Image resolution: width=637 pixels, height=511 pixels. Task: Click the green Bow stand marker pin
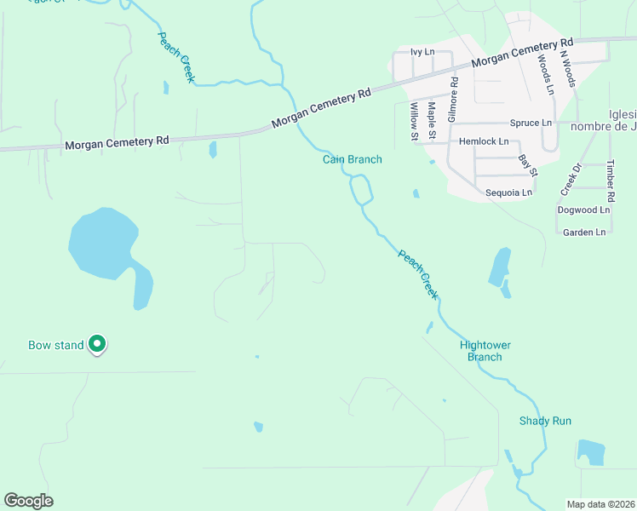tap(98, 344)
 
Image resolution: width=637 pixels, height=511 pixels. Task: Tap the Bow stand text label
tap(56, 345)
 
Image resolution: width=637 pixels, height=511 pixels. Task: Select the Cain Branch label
tap(352, 159)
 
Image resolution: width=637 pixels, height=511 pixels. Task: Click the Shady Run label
tap(545, 421)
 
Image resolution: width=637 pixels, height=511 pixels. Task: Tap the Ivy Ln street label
tap(422, 52)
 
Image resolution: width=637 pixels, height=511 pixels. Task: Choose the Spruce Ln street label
tap(531, 123)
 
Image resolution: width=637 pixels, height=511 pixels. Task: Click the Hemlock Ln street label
tap(484, 141)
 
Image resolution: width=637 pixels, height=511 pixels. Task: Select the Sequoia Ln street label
tap(508, 192)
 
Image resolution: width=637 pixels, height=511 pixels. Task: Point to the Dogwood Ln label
tap(583, 210)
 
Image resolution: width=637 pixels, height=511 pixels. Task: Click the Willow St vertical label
tap(414, 121)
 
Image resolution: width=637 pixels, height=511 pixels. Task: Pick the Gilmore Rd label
tap(454, 97)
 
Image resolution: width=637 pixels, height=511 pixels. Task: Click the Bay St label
tap(528, 165)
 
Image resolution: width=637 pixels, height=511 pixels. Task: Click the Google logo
tap(28, 501)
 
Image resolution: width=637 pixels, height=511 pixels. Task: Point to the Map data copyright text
tap(601, 504)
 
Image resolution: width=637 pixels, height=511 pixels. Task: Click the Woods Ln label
tap(544, 74)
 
